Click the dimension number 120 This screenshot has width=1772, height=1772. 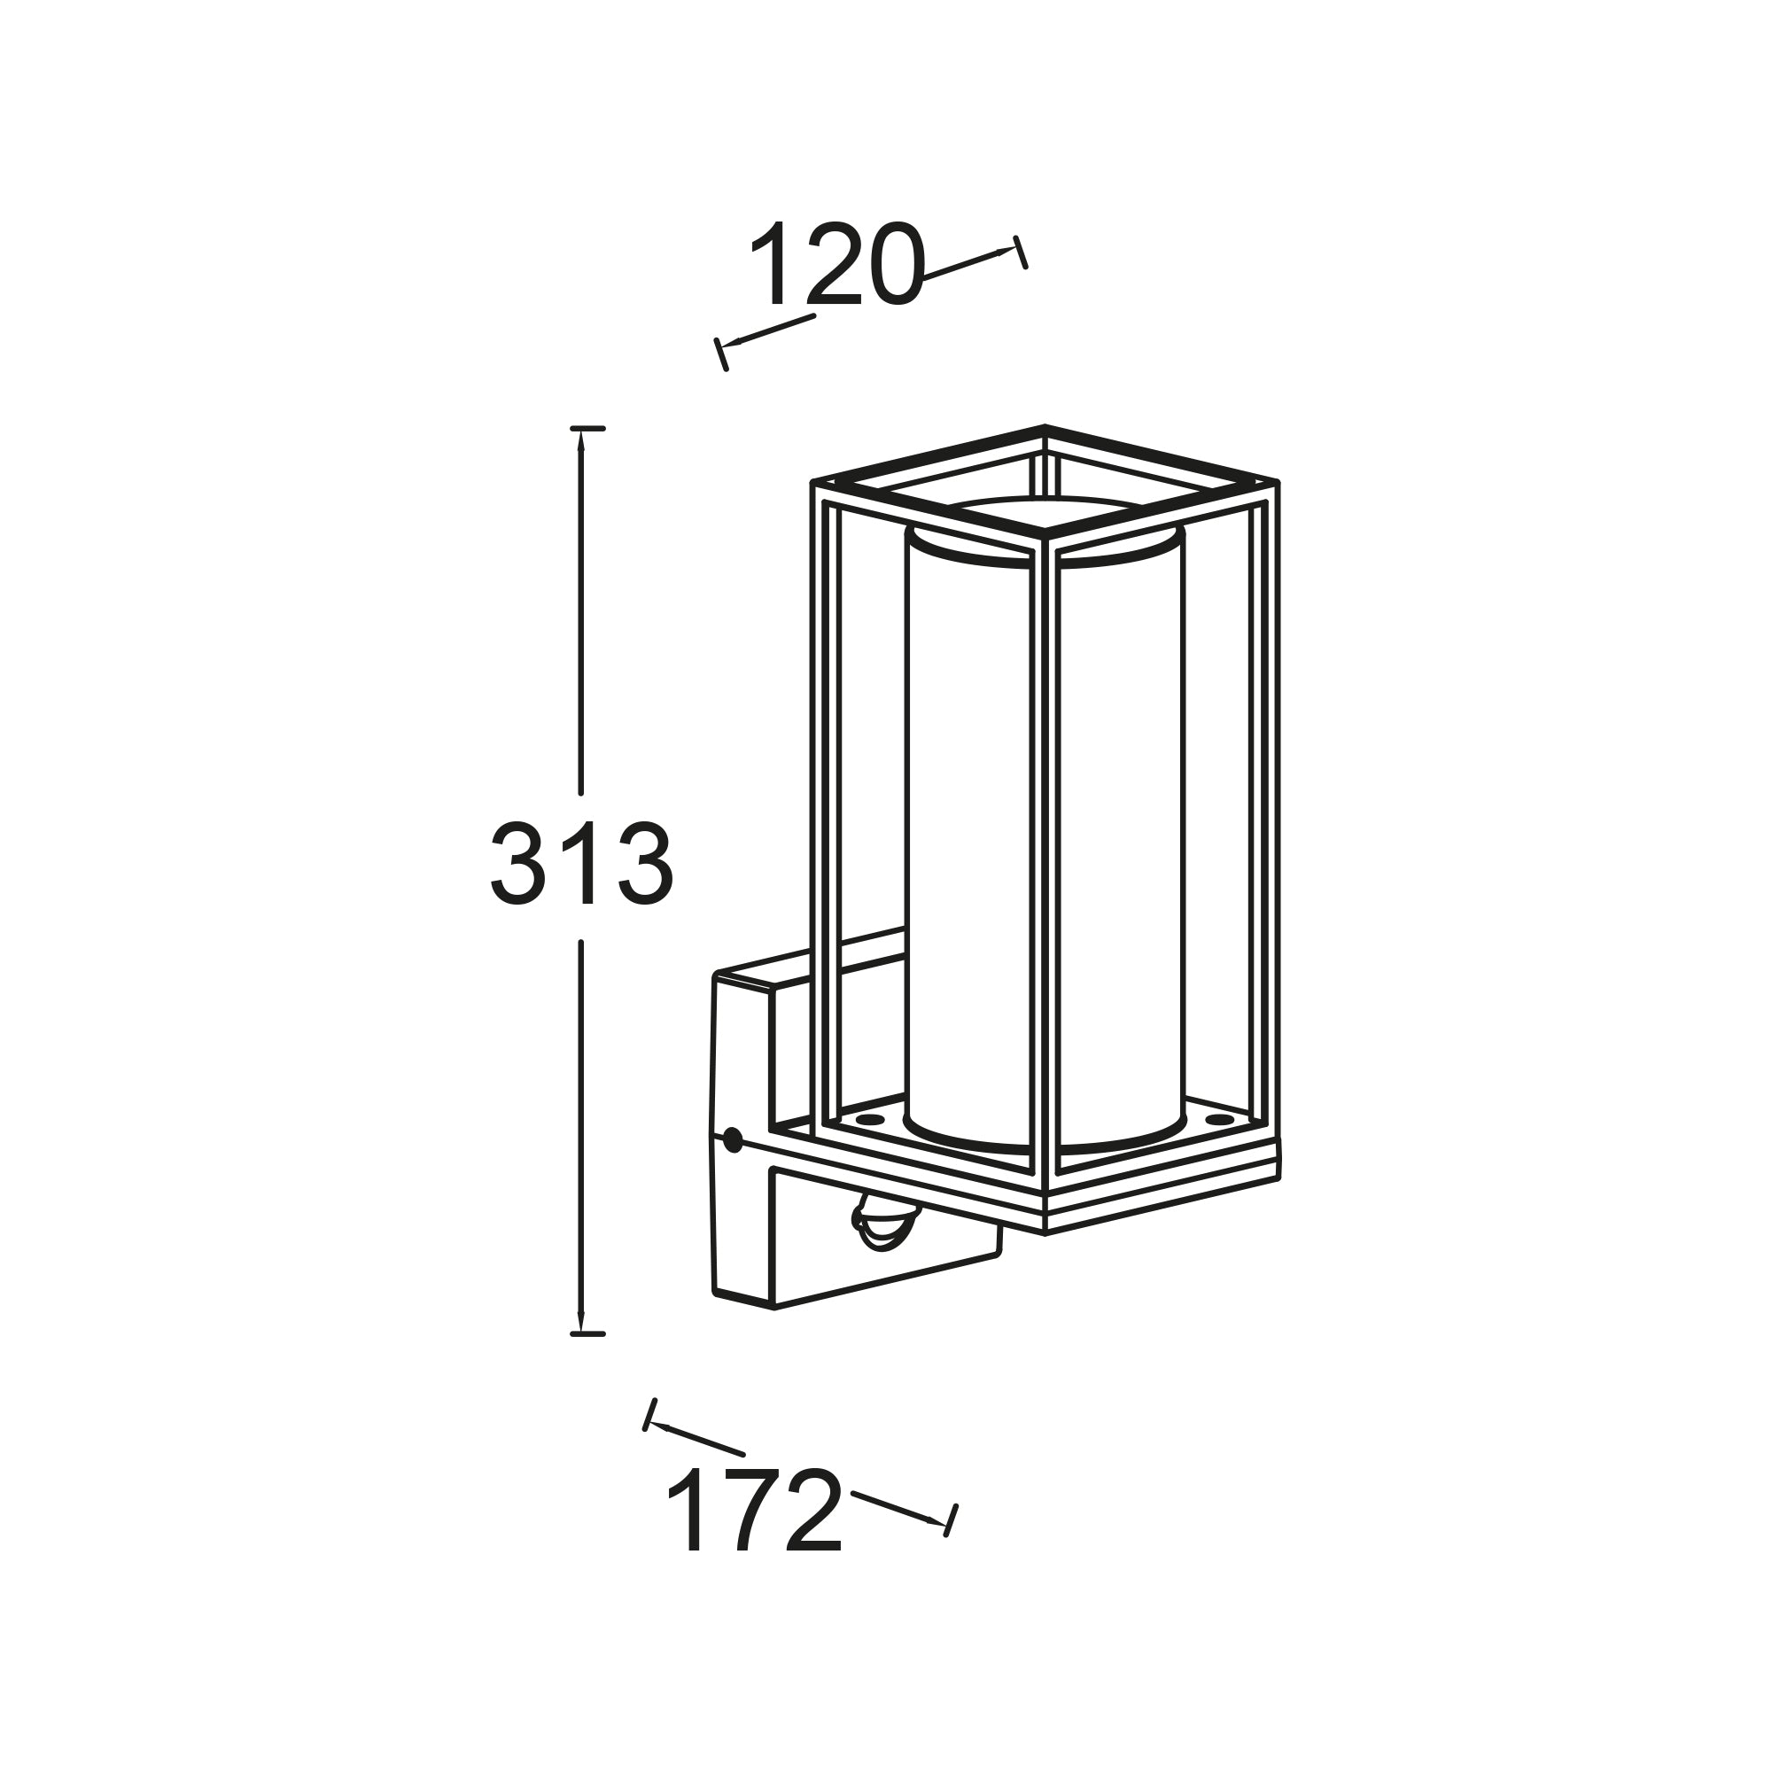834,264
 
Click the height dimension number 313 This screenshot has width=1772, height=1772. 582,863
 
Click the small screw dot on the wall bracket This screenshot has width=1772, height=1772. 733,1140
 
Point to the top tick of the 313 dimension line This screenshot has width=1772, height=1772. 587,428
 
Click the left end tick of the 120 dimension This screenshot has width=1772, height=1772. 721,355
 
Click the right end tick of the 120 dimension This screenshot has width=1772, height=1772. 1020,253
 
